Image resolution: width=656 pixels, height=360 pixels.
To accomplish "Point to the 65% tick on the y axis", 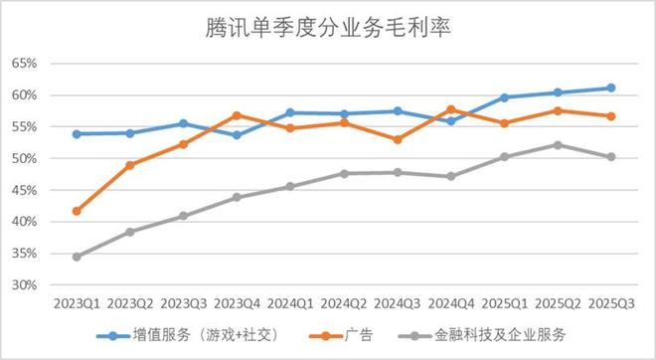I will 24,64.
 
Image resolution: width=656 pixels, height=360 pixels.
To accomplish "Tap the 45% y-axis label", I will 24,190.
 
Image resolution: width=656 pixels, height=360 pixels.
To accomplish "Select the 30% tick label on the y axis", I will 24,285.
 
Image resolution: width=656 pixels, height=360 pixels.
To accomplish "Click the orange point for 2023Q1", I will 77,211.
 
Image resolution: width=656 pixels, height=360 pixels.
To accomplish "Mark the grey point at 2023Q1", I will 77,257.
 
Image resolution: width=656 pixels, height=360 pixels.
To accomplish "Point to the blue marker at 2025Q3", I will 611,88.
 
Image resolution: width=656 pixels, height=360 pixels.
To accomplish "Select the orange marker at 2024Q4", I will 451,109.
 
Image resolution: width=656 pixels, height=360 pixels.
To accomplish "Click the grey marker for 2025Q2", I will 558,144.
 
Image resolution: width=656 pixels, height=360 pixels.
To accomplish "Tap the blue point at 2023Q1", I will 77,133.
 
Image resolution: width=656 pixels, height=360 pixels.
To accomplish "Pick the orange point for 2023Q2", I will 130,165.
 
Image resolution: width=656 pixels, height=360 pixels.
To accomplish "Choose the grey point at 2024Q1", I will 290,186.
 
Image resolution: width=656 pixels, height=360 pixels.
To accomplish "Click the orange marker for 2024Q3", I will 398,139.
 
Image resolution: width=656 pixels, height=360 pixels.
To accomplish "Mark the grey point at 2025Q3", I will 611,156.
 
